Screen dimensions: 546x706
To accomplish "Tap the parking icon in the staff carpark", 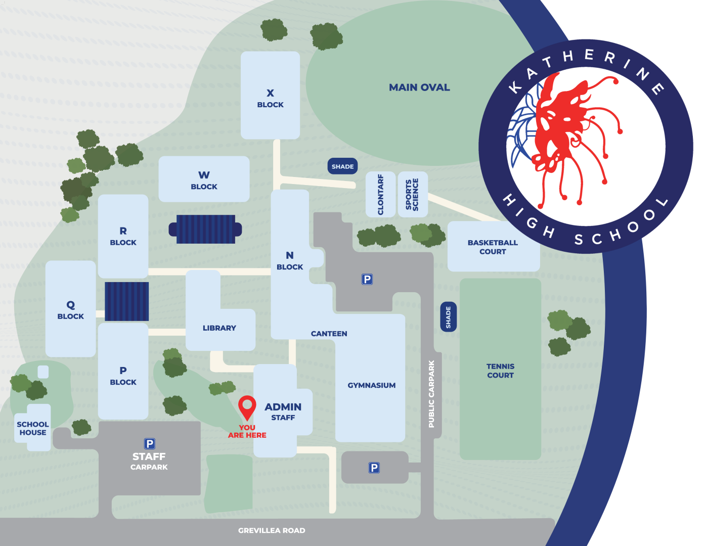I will coord(150,444).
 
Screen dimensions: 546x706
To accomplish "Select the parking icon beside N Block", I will coord(367,279).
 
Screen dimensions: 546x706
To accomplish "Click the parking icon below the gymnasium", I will coord(374,468).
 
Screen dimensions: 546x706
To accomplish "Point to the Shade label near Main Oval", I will coord(342,166).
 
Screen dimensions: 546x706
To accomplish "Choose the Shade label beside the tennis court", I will coord(449,317).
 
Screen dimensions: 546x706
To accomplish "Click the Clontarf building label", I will coord(381,195).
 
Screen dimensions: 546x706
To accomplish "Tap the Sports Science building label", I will coord(412,195).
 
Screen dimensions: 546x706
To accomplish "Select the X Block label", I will coord(270,99).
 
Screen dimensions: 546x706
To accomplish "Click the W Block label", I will coord(204,180).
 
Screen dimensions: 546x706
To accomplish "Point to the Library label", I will coord(219,328).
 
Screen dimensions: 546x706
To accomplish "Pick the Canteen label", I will coord(329,334).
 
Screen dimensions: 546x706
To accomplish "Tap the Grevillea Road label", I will coord(272,530).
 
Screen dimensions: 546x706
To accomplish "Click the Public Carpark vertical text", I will coord(431,394).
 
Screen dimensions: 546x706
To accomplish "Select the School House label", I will coord(33,428).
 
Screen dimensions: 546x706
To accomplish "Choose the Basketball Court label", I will coord(493,247).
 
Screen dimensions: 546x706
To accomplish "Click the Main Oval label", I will coord(419,87).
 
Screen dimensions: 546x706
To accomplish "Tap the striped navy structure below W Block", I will coord(205,229).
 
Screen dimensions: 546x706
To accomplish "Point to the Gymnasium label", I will coord(372,385).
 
